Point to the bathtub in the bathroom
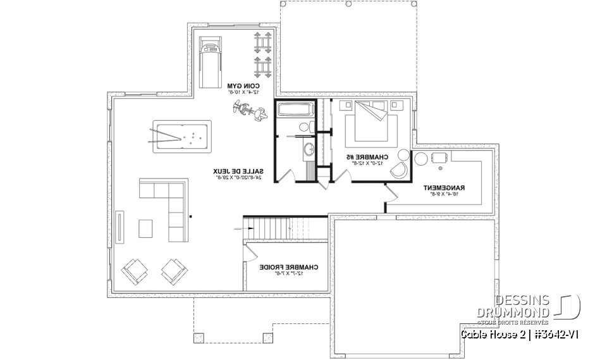tap(293, 109)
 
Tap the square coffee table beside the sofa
tap(145, 227)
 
